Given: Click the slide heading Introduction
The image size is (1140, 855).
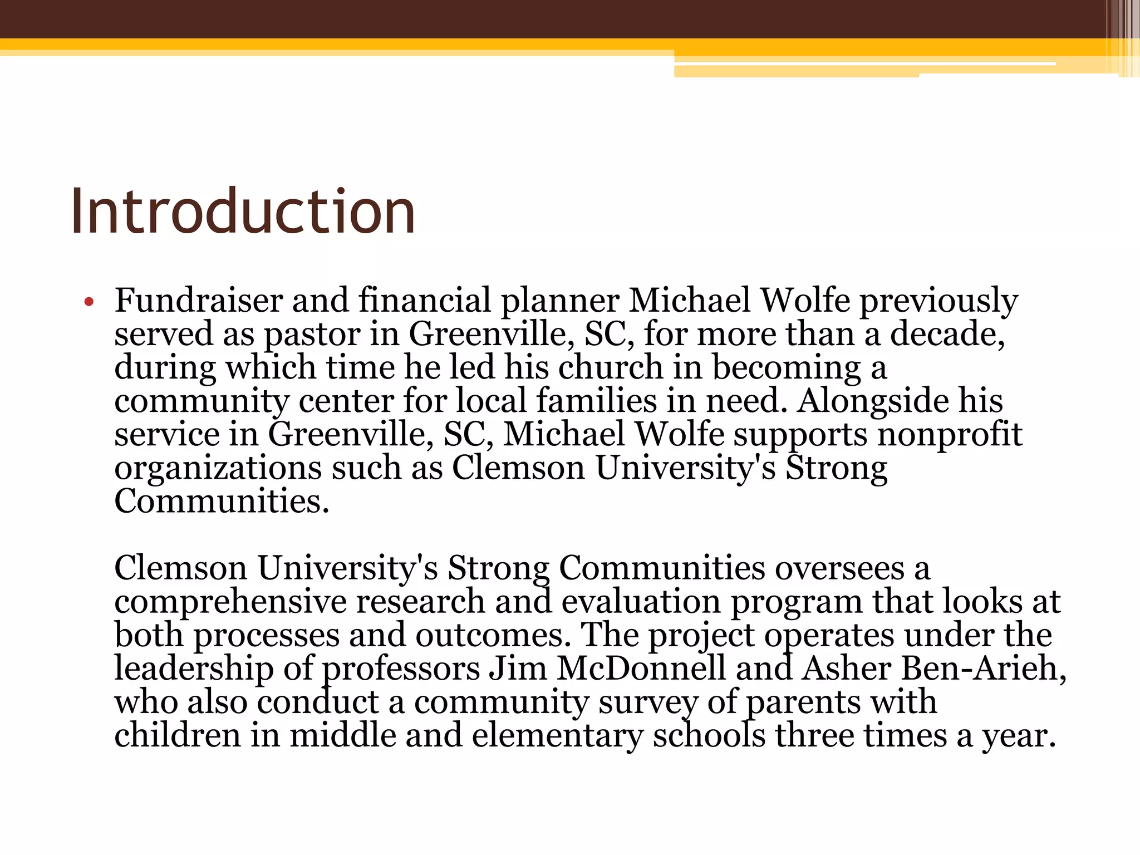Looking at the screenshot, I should tap(243, 212).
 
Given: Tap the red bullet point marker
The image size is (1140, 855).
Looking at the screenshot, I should tap(89, 303).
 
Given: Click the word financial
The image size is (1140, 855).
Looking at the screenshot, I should tap(424, 301).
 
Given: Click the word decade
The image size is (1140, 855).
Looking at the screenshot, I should tap(946, 334).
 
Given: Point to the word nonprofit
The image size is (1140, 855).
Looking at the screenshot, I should tap(950, 435).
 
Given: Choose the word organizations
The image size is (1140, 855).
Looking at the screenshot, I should tap(218, 469).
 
